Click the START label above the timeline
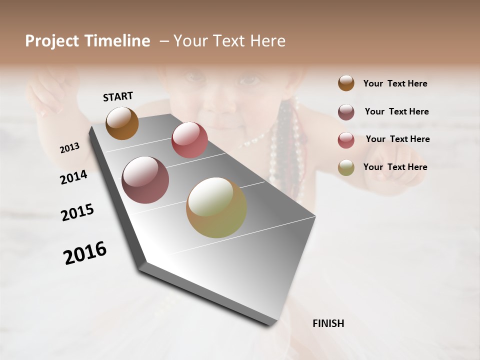tap(118, 96)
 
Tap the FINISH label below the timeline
tap(328, 323)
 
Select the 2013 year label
tap(69, 148)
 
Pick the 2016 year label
tap(85, 253)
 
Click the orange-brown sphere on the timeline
tap(122, 123)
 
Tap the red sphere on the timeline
tap(189, 140)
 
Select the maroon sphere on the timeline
tap(145, 180)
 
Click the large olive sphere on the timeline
tap(216, 207)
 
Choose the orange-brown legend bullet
tap(346, 83)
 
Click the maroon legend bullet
tap(346, 112)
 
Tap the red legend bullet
tap(346, 140)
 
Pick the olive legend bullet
tap(346, 167)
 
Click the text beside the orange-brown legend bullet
tap(395, 84)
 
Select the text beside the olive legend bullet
tap(395, 167)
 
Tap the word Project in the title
tap(51, 41)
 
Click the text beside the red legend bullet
tap(397, 139)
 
